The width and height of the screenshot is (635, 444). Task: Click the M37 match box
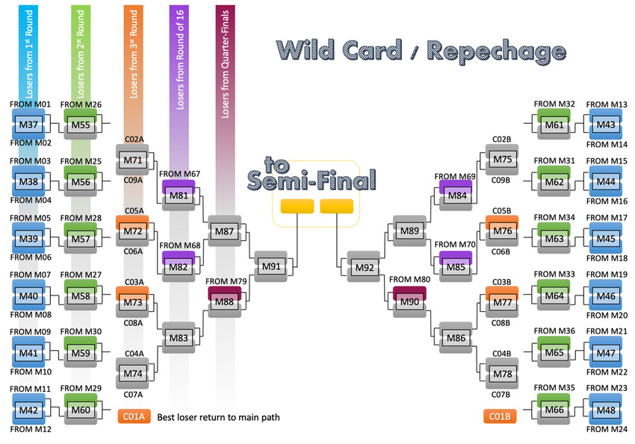(x=28, y=123)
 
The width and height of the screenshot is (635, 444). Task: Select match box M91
(x=271, y=266)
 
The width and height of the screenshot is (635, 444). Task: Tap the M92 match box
(x=364, y=267)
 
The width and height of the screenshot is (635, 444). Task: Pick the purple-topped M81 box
(x=179, y=196)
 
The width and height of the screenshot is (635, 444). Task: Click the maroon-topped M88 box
(x=224, y=301)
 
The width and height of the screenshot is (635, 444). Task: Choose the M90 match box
(x=409, y=301)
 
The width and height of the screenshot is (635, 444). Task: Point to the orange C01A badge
(x=134, y=417)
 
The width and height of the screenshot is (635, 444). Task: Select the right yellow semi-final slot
(x=336, y=206)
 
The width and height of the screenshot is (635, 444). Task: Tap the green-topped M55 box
(x=81, y=124)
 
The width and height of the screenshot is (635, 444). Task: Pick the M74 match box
(x=132, y=373)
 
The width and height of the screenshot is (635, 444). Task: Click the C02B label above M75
(x=501, y=139)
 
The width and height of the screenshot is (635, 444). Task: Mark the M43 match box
(x=606, y=124)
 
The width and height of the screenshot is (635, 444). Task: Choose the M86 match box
(x=455, y=337)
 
